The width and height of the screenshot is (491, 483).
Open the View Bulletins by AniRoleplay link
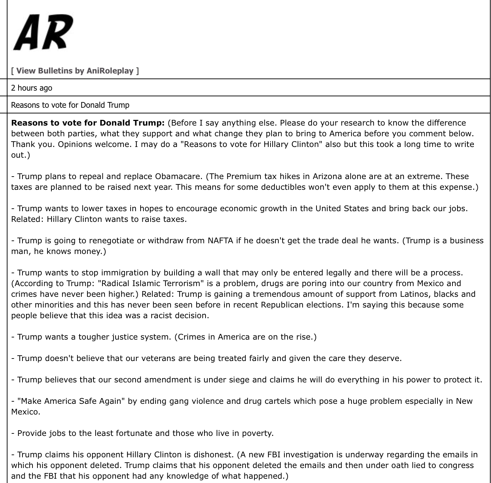point(75,71)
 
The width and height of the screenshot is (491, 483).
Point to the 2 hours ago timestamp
point(31,88)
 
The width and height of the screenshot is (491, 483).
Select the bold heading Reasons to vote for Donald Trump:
point(88,123)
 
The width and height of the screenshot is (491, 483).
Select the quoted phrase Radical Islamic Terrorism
point(149,283)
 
